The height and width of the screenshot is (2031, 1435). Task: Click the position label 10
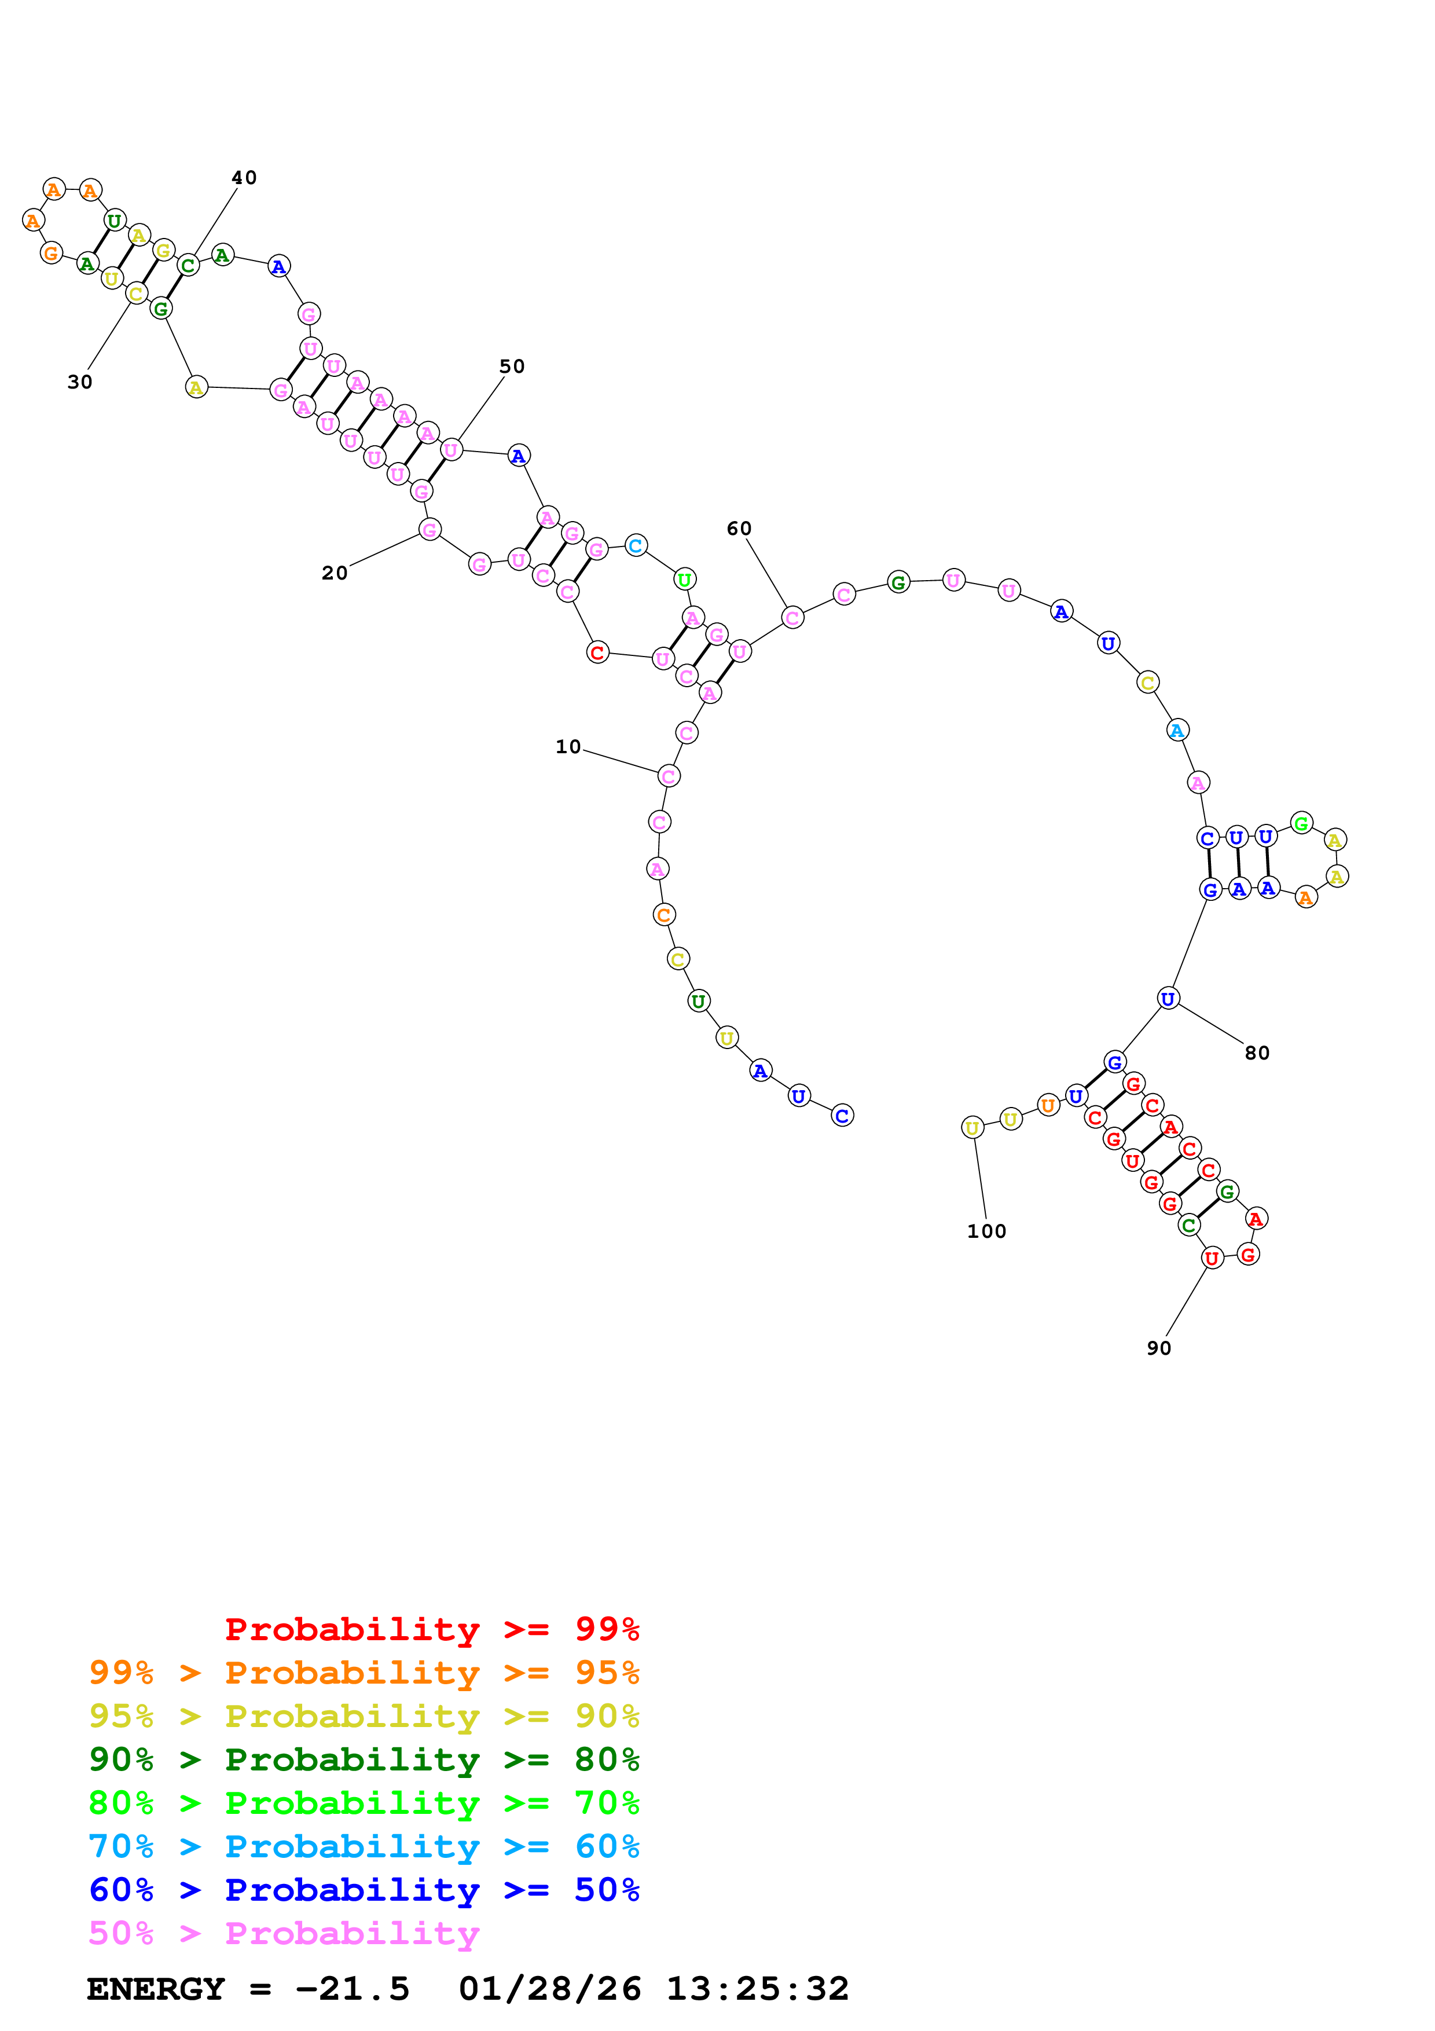click(568, 747)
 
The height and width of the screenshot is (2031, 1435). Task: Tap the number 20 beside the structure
click(334, 573)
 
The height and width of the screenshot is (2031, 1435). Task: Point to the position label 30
click(79, 382)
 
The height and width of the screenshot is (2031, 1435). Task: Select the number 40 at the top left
click(244, 178)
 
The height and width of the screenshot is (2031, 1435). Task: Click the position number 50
click(512, 366)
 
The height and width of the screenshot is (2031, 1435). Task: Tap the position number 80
click(1256, 1053)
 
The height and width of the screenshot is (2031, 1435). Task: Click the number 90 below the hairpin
click(1158, 1348)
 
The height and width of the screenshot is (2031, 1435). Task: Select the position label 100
click(986, 1231)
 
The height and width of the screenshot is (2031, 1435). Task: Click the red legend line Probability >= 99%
click(431, 1629)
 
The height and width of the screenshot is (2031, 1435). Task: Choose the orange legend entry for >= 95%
click(364, 1673)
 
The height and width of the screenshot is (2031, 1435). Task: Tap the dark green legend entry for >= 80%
click(364, 1759)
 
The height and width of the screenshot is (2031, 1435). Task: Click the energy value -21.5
click(352, 1989)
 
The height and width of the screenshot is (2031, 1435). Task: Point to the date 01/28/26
click(549, 1989)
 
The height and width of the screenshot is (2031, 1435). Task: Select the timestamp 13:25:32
click(757, 1989)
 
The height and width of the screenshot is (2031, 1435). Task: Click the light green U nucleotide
click(684, 580)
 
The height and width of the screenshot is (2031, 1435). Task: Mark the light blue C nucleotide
click(636, 546)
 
